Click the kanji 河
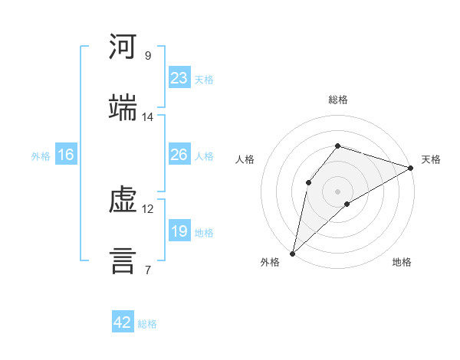click(123, 46)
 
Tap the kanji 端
click(123, 107)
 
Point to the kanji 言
click(123, 261)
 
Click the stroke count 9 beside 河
click(148, 56)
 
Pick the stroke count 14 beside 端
click(147, 117)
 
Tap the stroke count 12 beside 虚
click(147, 209)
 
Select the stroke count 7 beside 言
click(148, 270)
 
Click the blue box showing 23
click(179, 77)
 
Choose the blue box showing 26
click(179, 154)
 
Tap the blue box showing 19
click(179, 230)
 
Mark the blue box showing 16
click(66, 154)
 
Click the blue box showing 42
click(123, 321)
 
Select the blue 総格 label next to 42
click(147, 324)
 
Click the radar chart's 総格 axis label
click(338, 100)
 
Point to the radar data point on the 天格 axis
click(411, 168)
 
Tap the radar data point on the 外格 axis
click(293, 254)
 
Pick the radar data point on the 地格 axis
click(347, 204)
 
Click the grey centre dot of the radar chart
click(337, 191)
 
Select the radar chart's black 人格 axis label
click(245, 159)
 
